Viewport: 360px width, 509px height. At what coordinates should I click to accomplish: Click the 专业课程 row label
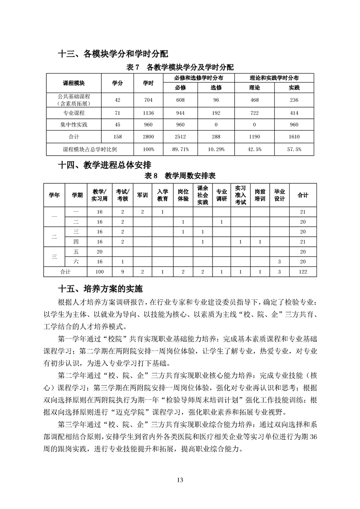74,113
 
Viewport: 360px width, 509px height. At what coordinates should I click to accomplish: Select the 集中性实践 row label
74,124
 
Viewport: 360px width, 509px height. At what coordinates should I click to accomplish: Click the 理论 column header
255,88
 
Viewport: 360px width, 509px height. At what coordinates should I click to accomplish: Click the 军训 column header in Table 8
142,195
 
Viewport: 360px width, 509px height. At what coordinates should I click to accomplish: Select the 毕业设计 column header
280,195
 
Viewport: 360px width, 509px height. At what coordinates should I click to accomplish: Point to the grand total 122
303,271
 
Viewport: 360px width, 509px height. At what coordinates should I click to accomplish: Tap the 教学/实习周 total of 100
99,271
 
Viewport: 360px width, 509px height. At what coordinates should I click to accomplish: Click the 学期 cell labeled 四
76,241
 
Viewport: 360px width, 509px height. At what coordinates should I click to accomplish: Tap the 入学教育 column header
163,195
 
